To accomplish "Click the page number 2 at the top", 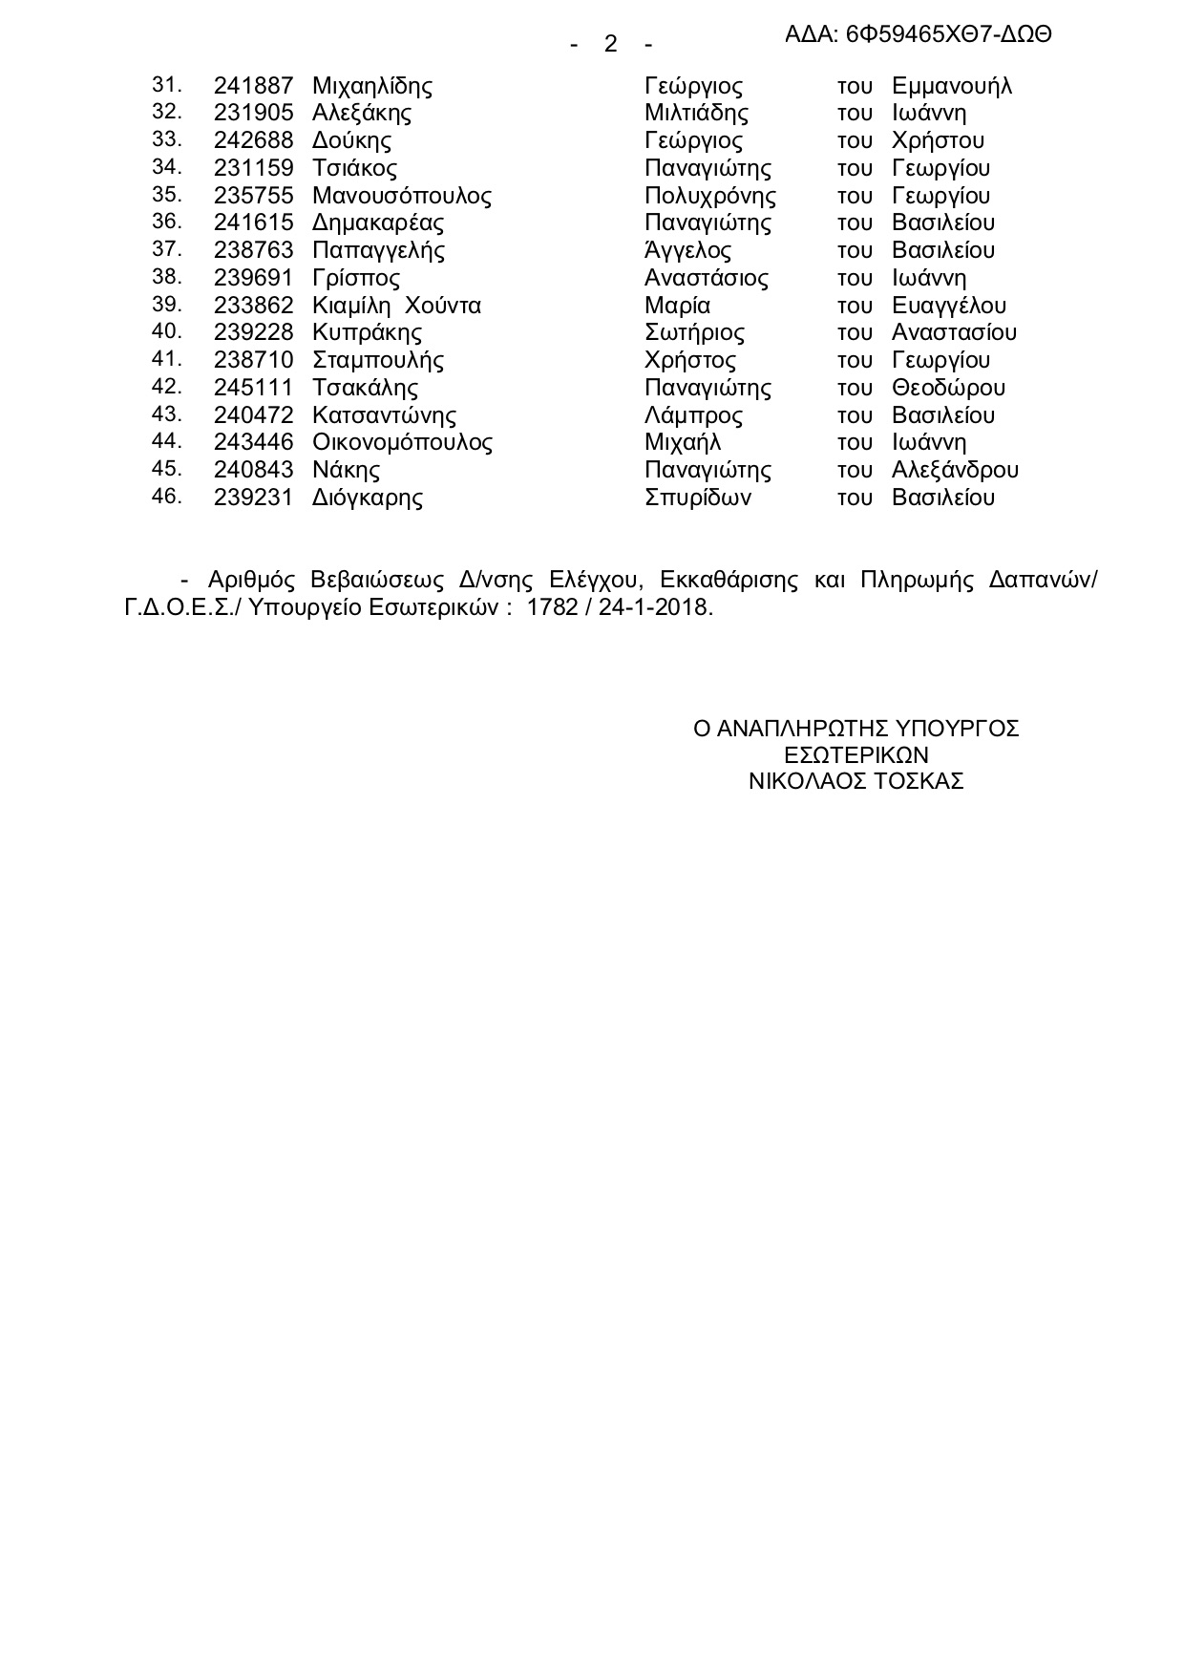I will pyautogui.click(x=611, y=44).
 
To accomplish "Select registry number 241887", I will pyautogui.click(x=253, y=86).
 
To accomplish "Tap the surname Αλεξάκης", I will pyautogui.click(x=362, y=114).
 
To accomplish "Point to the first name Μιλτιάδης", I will pyautogui.click(x=696, y=114).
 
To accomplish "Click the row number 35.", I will pyautogui.click(x=166, y=195).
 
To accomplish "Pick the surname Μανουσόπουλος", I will pyautogui.click(x=402, y=196).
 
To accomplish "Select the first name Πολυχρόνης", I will pyautogui.click(x=710, y=196).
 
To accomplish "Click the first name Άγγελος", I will pyautogui.click(x=687, y=250).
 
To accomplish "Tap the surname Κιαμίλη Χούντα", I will pyautogui.click(x=396, y=306).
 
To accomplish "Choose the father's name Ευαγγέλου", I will pyautogui.click(x=948, y=306).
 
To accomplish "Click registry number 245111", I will pyautogui.click(x=253, y=388).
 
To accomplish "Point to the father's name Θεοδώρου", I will pyautogui.click(x=948, y=388).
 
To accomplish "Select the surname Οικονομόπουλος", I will pyautogui.click(x=402, y=443).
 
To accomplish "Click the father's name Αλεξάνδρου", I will pyautogui.click(x=955, y=470).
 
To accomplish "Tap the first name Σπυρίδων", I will pyautogui.click(x=698, y=498).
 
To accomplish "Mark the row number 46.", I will pyautogui.click(x=166, y=497).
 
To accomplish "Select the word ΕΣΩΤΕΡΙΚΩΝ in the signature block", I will pyautogui.click(x=856, y=754).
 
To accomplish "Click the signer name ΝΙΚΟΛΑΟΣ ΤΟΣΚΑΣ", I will pyautogui.click(x=856, y=781).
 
